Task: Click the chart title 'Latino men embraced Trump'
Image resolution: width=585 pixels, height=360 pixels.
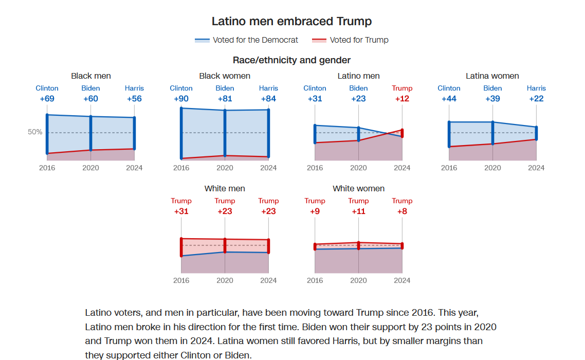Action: (291, 21)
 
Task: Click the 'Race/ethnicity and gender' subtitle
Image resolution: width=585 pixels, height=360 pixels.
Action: (291, 60)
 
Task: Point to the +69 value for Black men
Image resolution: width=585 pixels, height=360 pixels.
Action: (47, 99)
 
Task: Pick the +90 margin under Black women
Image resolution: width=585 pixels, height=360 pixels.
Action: (181, 99)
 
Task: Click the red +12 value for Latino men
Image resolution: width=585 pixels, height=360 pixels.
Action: (402, 99)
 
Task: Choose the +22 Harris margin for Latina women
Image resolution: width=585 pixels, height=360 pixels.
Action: (536, 99)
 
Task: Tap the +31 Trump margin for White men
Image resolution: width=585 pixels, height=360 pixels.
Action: (181, 211)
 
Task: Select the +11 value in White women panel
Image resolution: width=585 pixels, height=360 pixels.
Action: (358, 211)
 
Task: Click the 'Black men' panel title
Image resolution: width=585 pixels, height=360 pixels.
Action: (91, 76)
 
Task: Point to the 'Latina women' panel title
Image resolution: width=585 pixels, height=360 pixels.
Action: (492, 76)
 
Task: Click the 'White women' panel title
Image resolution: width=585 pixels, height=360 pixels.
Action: (358, 188)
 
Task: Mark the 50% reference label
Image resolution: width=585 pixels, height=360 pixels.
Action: (35, 132)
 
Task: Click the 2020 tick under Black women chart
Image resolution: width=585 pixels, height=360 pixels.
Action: (225, 168)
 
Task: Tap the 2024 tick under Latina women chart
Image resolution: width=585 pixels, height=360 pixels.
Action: (536, 168)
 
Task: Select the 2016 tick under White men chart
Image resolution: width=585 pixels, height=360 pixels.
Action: (181, 280)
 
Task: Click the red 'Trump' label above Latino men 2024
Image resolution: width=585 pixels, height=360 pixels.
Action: (402, 88)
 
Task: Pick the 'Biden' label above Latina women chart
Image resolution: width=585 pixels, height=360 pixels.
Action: (492, 88)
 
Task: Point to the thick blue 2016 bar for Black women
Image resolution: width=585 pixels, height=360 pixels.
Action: (181, 133)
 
